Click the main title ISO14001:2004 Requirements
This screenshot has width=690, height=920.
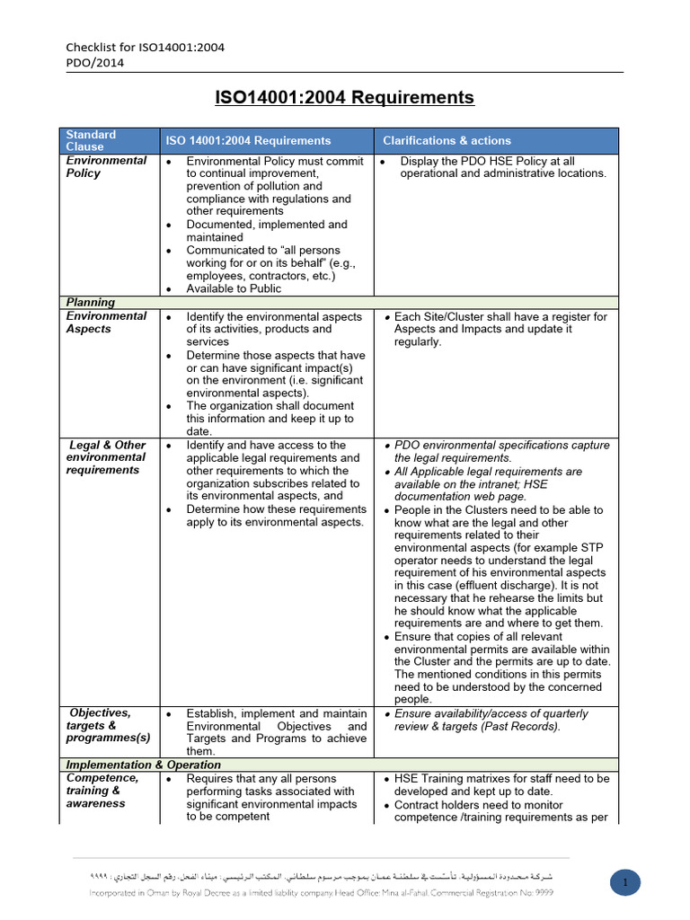click(344, 97)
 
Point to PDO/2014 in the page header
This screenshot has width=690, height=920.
click(95, 62)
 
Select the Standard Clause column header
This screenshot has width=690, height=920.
click(91, 140)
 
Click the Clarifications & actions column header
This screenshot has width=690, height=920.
click(447, 140)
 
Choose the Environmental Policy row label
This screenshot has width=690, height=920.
click(106, 166)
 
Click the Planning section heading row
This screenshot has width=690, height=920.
click(89, 302)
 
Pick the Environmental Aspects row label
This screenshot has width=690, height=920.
click(106, 322)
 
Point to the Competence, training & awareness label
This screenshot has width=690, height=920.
click(102, 791)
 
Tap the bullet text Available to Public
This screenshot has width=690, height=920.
click(234, 288)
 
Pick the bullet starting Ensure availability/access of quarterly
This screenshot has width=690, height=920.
click(491, 720)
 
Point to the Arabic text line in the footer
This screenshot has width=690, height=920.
click(322, 875)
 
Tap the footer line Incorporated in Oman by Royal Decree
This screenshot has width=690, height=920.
click(322, 892)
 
